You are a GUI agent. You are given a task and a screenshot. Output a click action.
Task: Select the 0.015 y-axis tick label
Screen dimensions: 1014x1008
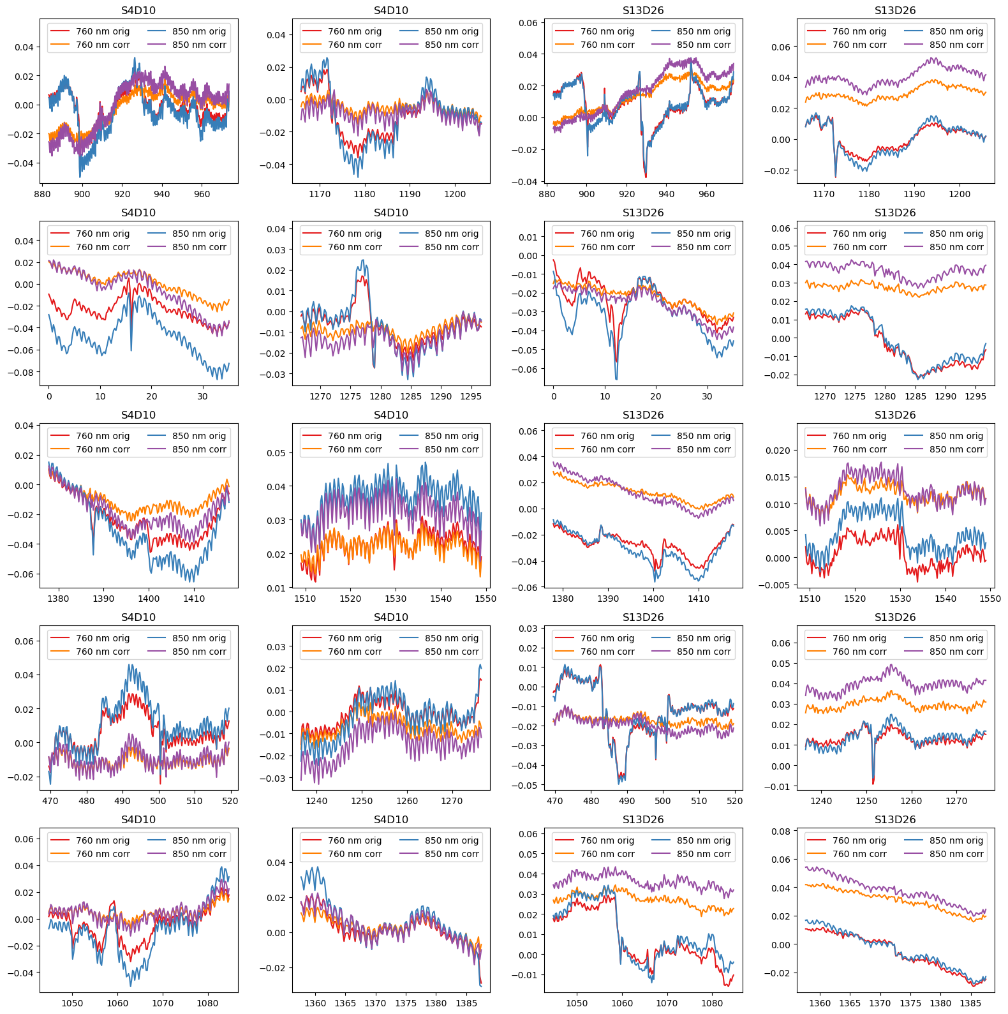click(x=778, y=477)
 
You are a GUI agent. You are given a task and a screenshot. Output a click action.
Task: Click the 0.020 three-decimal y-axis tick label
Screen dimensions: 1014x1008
click(x=778, y=451)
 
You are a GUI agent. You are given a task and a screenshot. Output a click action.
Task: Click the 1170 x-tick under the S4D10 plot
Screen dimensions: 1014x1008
click(x=320, y=194)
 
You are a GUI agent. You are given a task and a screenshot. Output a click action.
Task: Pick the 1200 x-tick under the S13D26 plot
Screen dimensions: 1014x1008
click(x=960, y=194)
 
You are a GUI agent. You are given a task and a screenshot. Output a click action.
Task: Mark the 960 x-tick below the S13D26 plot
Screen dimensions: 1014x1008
click(x=706, y=194)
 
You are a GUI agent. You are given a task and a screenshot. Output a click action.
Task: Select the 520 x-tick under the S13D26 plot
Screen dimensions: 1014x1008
click(x=735, y=801)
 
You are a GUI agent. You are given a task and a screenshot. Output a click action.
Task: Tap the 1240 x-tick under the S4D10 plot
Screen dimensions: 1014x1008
click(x=316, y=801)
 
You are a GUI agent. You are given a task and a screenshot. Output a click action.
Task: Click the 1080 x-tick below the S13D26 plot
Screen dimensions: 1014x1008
click(x=712, y=1003)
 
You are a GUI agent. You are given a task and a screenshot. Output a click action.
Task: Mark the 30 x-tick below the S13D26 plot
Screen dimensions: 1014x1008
click(x=707, y=396)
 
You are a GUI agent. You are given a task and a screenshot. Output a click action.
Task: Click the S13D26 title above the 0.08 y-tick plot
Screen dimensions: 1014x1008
click(x=895, y=819)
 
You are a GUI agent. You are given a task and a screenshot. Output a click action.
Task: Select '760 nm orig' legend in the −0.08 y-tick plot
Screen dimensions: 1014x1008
click(x=103, y=234)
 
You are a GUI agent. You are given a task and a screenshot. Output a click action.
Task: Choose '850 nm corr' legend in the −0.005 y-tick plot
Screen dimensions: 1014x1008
click(x=956, y=449)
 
